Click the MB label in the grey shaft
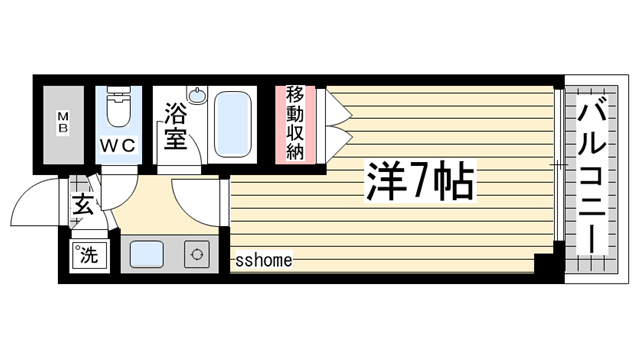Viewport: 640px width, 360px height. pyautogui.click(x=62, y=124)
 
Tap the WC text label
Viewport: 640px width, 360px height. pyautogui.click(x=117, y=145)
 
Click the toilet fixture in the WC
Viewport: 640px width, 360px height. pyautogui.click(x=118, y=108)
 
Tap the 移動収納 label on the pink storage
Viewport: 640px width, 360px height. pyautogui.click(x=295, y=123)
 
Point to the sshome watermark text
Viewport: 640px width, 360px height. pyautogui.click(x=264, y=261)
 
